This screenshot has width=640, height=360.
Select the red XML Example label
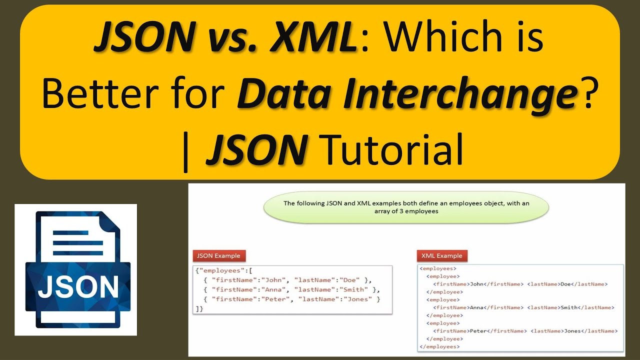(x=442, y=255)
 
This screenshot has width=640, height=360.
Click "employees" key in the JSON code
(x=218, y=270)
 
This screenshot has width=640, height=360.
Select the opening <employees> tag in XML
(x=437, y=268)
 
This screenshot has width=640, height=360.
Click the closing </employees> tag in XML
(x=439, y=346)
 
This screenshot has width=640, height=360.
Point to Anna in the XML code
(x=476, y=307)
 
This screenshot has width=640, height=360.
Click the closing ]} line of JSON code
(x=199, y=308)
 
